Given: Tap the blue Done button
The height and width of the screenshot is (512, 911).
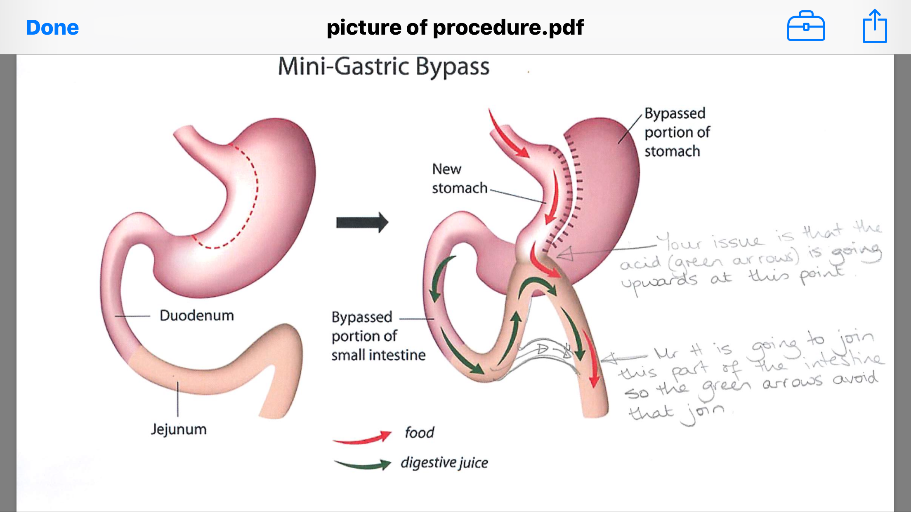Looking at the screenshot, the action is click(x=52, y=28).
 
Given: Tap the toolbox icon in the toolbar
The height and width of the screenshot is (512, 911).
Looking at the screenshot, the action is click(x=806, y=26).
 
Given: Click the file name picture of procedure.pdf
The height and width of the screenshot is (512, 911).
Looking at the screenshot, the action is click(x=455, y=28).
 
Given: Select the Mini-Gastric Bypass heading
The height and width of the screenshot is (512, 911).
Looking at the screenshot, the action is click(x=384, y=67).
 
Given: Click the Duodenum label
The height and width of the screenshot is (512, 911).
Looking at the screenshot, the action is click(x=197, y=315).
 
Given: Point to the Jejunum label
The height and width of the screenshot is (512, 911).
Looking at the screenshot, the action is click(x=179, y=429).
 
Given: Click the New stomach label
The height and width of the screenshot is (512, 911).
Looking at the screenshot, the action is click(x=460, y=178).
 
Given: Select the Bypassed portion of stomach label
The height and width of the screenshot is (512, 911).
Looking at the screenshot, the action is click(x=677, y=132).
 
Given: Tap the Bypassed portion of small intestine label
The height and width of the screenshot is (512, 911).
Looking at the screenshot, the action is click(x=378, y=336).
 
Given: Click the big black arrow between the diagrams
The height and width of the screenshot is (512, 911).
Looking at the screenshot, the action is click(x=362, y=223).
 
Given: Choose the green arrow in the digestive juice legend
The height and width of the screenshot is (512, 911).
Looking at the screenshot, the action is click(x=362, y=465).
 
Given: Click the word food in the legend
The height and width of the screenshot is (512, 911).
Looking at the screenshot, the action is click(x=419, y=432).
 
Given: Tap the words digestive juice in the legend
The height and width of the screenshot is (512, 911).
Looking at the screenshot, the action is click(x=444, y=463).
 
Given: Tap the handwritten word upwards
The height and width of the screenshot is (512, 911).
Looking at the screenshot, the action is click(x=659, y=282).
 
